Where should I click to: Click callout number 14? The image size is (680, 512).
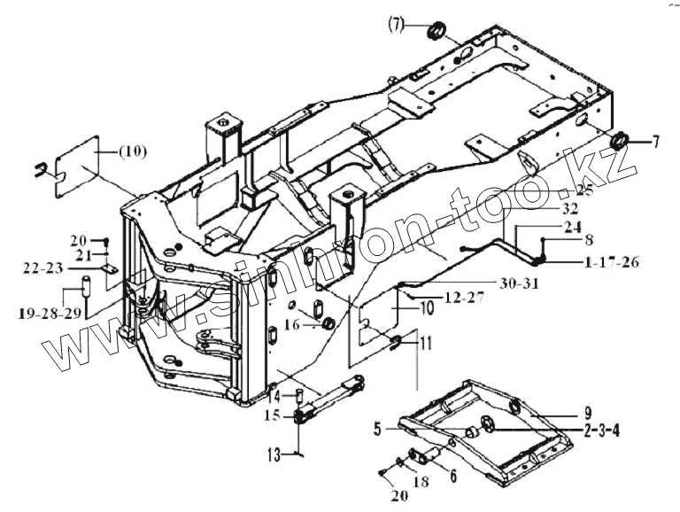pos(276,395)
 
